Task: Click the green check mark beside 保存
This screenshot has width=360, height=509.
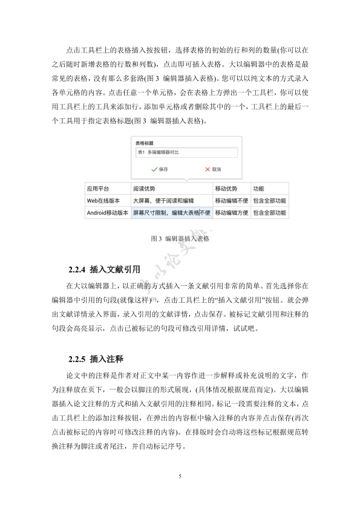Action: [154, 169]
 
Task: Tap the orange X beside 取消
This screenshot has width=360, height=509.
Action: [206, 169]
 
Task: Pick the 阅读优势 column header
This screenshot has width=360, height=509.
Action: [172, 188]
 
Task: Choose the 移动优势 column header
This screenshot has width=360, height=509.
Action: [231, 188]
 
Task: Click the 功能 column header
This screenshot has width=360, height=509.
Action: [269, 188]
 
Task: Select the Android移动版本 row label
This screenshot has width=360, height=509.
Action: [108, 213]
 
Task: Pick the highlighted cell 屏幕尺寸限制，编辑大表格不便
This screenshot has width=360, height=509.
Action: [172, 213]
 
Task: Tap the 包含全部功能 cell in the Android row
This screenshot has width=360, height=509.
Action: [269, 213]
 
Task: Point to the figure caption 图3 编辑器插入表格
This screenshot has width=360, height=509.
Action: [180, 239]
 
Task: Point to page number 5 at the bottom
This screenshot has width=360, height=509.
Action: [180, 476]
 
